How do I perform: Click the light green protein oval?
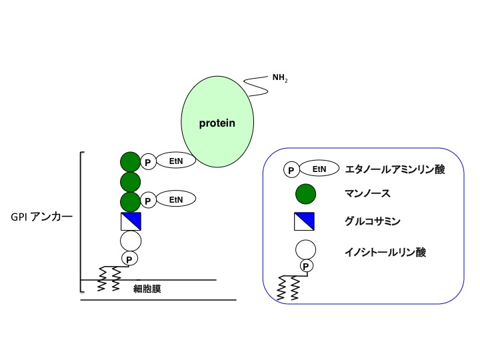click(x=217, y=123)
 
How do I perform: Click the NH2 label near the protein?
click(x=280, y=79)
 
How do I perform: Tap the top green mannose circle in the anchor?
click(x=131, y=161)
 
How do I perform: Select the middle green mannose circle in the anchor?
click(x=131, y=181)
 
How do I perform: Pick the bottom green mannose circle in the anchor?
click(x=131, y=200)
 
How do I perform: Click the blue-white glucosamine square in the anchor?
click(x=131, y=220)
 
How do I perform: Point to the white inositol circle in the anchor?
click(x=131, y=240)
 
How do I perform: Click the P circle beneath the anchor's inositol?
click(x=129, y=258)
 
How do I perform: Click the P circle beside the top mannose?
click(x=149, y=161)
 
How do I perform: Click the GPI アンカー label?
click(x=41, y=217)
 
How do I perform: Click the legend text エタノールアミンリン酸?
click(x=395, y=169)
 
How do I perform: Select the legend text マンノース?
click(x=369, y=195)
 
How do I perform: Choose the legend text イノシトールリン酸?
click(x=386, y=252)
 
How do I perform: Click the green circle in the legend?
click(x=306, y=195)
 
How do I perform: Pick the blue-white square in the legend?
click(x=306, y=220)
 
